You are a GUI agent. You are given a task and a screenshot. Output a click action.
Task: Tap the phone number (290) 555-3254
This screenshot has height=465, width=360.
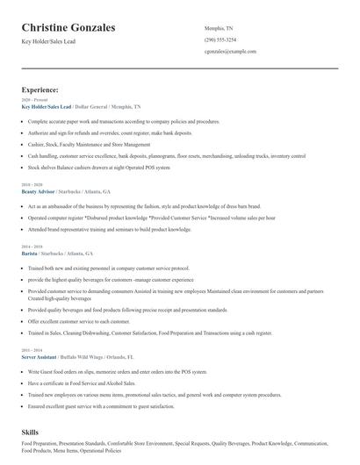pos(220,39)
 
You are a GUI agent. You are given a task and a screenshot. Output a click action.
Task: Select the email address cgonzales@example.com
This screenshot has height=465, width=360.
pos(230,52)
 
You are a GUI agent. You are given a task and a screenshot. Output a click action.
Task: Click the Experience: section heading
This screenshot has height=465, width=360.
pos(40,89)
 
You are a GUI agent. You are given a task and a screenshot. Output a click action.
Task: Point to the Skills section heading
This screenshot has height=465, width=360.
pos(32,433)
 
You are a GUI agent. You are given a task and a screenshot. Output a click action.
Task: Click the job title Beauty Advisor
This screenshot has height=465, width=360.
pos(38,191)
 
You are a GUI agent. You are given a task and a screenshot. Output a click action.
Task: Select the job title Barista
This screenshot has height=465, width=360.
pos(31,253)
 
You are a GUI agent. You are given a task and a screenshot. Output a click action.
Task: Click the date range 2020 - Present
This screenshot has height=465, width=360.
pos(32,100)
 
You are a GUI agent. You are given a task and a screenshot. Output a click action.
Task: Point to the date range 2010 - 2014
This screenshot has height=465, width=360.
pos(31,352)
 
